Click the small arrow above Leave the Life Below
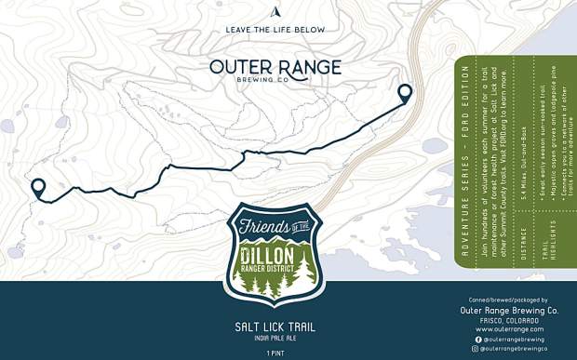click(x=275, y=12)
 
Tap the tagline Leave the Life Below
click(x=275, y=30)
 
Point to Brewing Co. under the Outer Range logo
click(x=275, y=81)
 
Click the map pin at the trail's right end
click(x=405, y=92)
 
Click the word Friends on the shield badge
click(x=262, y=228)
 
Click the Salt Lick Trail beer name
click(x=275, y=327)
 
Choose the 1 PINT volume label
click(x=275, y=353)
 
